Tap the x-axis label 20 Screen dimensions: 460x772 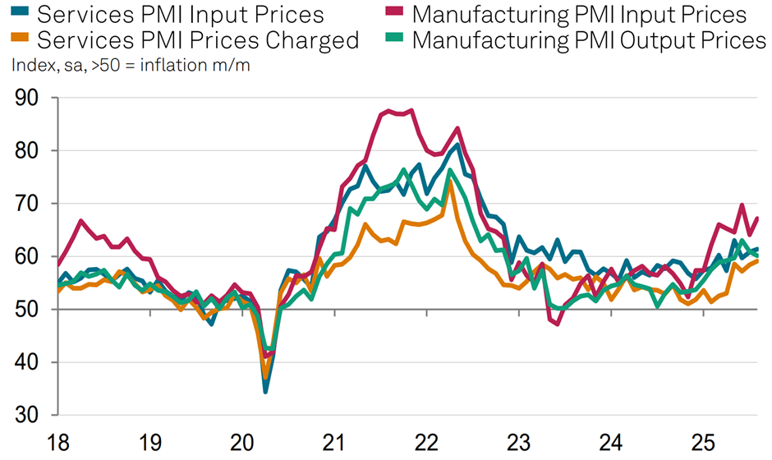pos(242,443)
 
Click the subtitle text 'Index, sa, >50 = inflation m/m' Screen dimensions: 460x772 pos(131,66)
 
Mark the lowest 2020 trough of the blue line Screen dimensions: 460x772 pos(265,392)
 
